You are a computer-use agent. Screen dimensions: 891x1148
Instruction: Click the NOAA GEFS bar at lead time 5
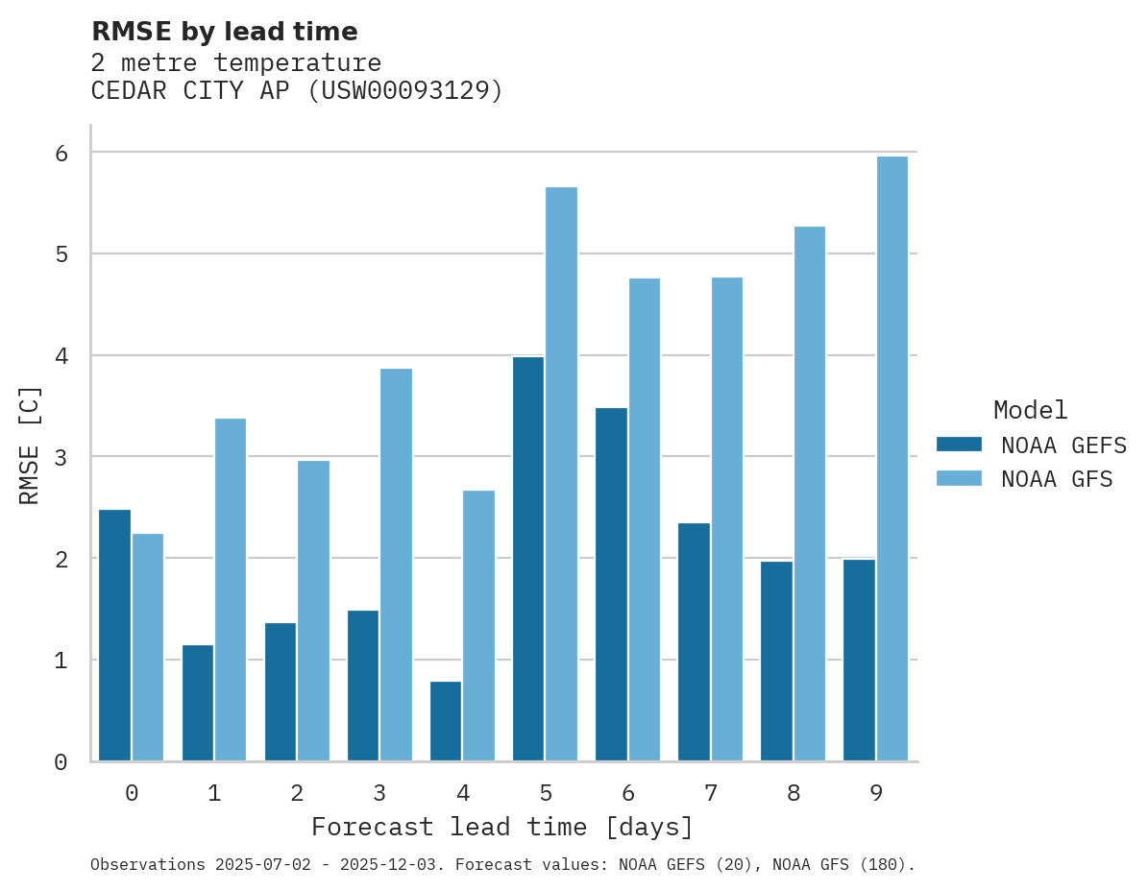[528, 559]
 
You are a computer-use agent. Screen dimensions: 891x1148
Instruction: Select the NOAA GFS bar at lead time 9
[892, 459]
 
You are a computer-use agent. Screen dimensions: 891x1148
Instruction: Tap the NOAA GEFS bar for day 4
[446, 721]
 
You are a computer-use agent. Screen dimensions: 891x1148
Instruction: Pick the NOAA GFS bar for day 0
[148, 647]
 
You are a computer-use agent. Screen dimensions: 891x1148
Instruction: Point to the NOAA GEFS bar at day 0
[114, 636]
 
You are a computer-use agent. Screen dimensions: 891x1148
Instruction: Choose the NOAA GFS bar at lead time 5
[561, 474]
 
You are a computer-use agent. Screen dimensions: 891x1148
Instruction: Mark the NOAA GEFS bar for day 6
[611, 585]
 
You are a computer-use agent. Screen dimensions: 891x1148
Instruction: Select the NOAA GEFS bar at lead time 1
[198, 703]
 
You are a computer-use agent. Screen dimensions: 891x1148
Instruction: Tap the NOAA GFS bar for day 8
[810, 494]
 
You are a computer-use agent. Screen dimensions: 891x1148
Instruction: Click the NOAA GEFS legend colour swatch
[959, 444]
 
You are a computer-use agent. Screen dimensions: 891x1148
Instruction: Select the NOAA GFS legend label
[1057, 479]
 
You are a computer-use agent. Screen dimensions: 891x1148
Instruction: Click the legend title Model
[1031, 410]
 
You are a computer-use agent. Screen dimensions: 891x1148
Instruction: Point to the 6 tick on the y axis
[61, 153]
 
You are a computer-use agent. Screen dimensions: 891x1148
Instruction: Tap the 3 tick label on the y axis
[61, 457]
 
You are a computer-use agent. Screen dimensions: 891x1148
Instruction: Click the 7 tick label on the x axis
[711, 793]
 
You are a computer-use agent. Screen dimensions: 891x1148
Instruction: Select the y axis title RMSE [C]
[30, 445]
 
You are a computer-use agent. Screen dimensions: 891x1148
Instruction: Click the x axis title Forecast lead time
[501, 827]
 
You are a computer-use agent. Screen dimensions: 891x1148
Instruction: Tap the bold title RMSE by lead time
[225, 32]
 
